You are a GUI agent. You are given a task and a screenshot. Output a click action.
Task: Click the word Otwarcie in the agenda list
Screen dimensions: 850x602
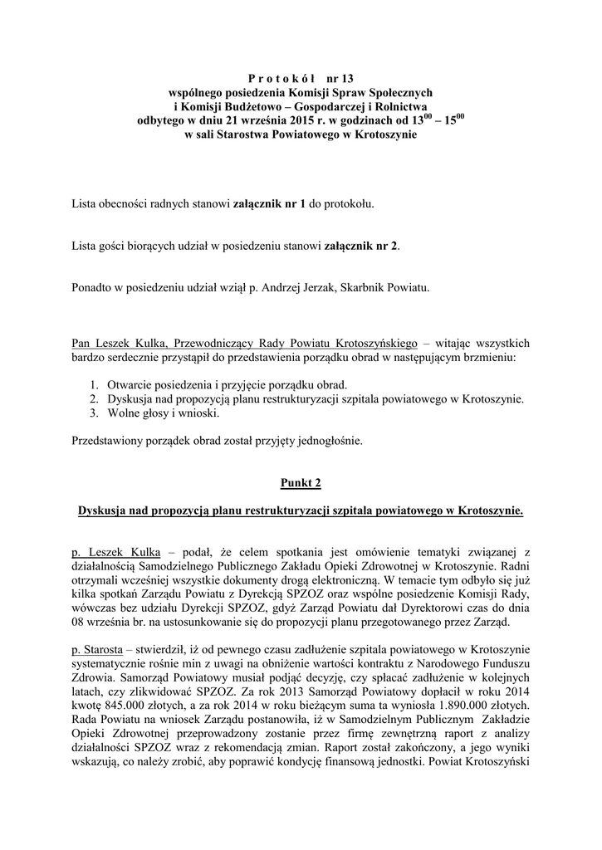tap(127, 385)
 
